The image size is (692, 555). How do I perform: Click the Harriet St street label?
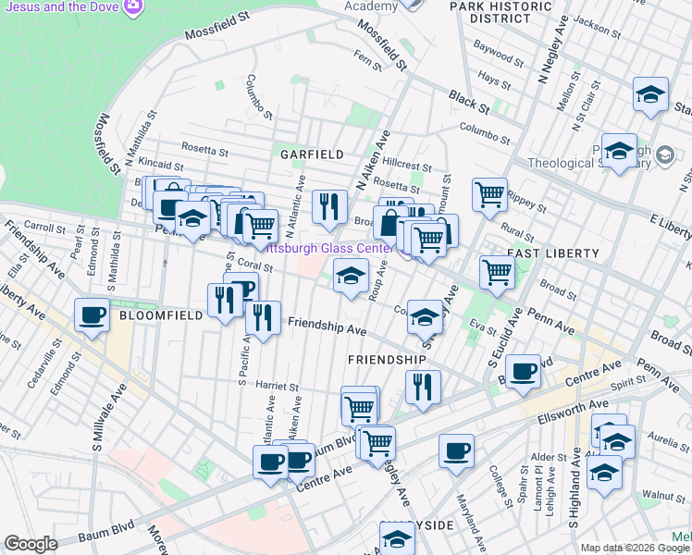pyautogui.click(x=276, y=388)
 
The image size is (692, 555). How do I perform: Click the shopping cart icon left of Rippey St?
pyautogui.click(x=489, y=193)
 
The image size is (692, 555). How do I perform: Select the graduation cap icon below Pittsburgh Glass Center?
pyautogui.click(x=351, y=275)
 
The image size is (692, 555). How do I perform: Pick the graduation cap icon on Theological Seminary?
pyautogui.click(x=619, y=150)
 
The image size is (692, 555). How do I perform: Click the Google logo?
pyautogui.click(x=31, y=543)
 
